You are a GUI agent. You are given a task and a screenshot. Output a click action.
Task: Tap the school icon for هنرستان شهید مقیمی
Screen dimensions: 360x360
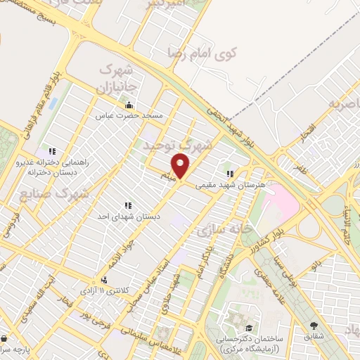coord(229,172)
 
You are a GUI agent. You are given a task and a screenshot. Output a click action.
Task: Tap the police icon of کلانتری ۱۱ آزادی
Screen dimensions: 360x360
coord(104,280)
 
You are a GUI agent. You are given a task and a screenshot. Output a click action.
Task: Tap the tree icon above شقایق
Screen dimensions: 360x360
coord(313,325)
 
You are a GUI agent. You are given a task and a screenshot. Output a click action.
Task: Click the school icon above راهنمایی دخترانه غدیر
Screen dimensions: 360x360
coord(52,150)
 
